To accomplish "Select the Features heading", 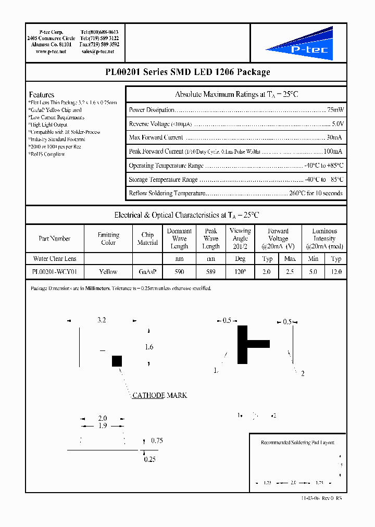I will (x=42, y=95).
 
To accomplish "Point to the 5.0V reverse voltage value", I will (x=337, y=124).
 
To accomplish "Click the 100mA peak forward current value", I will (x=333, y=152).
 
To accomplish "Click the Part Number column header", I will (x=55, y=239).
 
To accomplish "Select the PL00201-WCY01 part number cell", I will (x=55, y=272).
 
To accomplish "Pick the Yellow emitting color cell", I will (x=108, y=272).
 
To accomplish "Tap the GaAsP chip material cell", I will (x=147, y=272).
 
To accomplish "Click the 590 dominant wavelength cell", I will (x=179, y=272).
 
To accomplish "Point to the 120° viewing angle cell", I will (x=240, y=272).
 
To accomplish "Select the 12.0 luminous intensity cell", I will (x=336, y=272).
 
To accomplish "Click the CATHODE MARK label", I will (x=159, y=395).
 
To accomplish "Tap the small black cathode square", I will (x=117, y=361).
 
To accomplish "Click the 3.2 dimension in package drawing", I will (x=102, y=321).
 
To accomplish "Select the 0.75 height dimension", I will (x=157, y=441).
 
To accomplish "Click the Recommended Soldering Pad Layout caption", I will (x=297, y=443).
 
